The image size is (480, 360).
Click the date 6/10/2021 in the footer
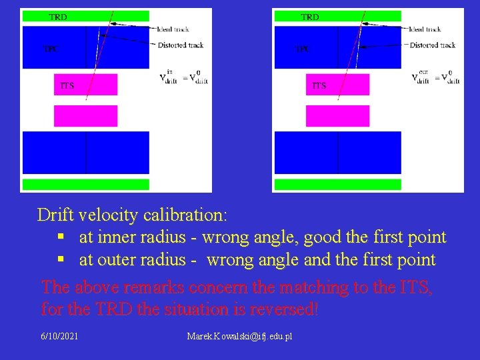pos(59,336)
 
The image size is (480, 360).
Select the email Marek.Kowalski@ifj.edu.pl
pos(240,336)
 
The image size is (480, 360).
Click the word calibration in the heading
pos(180,215)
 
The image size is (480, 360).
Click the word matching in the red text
pos(312,287)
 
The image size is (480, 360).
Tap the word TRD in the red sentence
pos(113,310)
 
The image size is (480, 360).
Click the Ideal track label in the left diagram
pos(177,29)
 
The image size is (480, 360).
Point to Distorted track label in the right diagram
pos(432,45)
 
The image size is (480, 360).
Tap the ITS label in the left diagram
pos(67,85)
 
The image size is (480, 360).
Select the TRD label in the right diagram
pos(310,17)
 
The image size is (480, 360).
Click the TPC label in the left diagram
pos(50,49)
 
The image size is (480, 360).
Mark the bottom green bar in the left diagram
pos(86,185)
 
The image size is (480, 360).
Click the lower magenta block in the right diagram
pos(337,115)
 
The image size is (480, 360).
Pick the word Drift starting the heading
pos(55,215)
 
